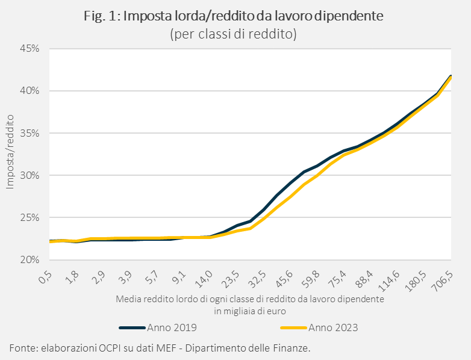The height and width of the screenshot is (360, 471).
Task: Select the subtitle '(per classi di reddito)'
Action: click(x=234, y=34)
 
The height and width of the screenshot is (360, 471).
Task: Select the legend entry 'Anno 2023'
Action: click(x=333, y=327)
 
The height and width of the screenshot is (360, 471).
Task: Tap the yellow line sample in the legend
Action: click(x=293, y=327)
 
